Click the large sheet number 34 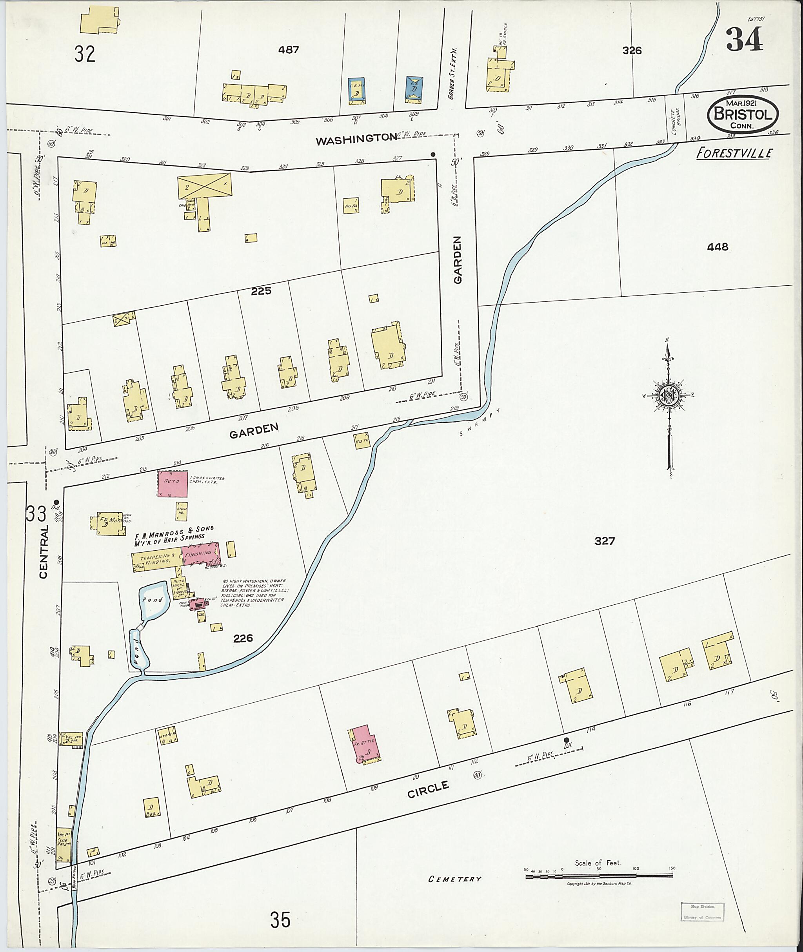[x=744, y=40]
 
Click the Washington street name [x=356, y=139]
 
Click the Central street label [x=43, y=551]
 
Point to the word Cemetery [x=454, y=879]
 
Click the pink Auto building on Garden [x=173, y=484]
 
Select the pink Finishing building [x=201, y=553]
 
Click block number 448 [x=718, y=247]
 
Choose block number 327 [x=604, y=540]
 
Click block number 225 [x=261, y=291]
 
